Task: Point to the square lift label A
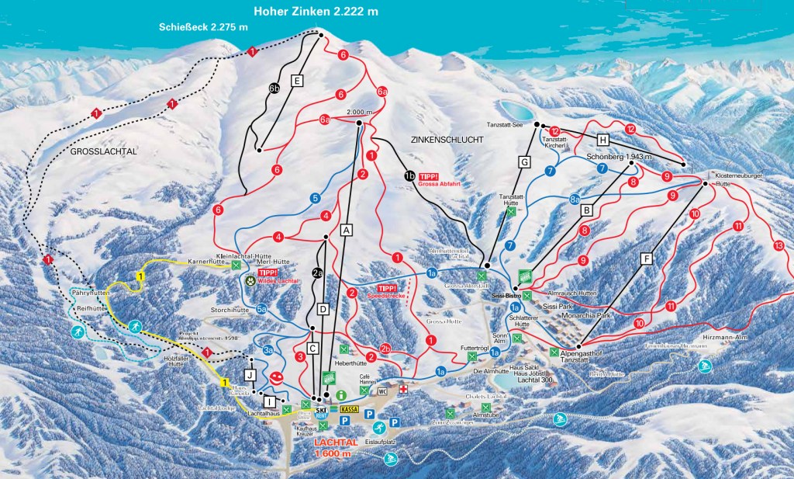click(347, 230)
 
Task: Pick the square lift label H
click(604, 140)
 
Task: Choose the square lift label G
click(525, 161)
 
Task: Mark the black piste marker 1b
click(409, 175)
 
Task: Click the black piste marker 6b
click(274, 88)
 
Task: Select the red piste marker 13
click(778, 246)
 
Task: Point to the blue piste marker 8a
click(575, 199)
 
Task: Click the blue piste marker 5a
click(262, 310)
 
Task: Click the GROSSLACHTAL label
click(103, 152)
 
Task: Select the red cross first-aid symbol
click(403, 386)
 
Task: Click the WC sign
click(382, 391)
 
